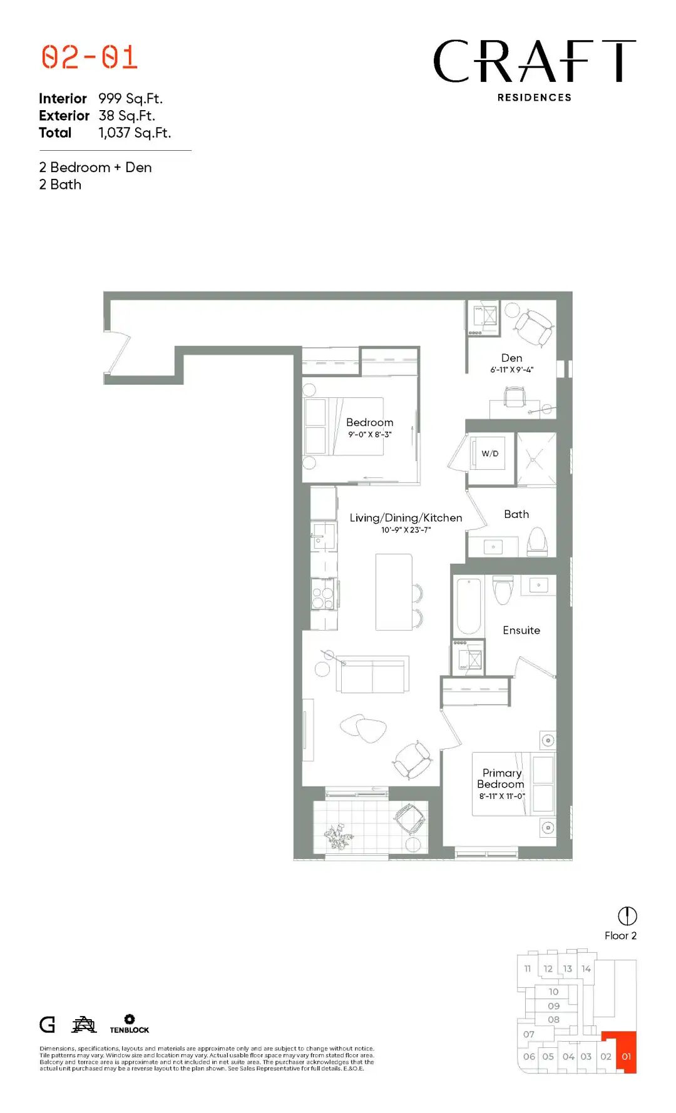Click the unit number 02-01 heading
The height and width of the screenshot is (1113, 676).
pyautogui.click(x=90, y=57)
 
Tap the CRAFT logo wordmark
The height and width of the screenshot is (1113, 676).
pyautogui.click(x=535, y=61)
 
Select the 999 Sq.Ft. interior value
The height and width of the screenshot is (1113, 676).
pyautogui.click(x=130, y=99)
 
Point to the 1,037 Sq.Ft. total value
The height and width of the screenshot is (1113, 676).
pyautogui.click(x=135, y=133)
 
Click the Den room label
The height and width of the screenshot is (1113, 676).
pyautogui.click(x=511, y=358)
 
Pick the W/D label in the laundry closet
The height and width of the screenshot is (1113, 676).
pyautogui.click(x=490, y=454)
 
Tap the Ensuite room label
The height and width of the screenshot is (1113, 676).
pyautogui.click(x=521, y=630)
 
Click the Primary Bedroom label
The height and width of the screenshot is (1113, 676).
pyautogui.click(x=501, y=778)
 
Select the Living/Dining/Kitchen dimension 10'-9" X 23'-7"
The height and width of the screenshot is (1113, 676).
pyautogui.click(x=406, y=530)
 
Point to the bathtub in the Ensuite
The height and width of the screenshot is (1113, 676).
pyautogui.click(x=468, y=606)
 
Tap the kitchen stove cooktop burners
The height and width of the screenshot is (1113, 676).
pyautogui.click(x=323, y=594)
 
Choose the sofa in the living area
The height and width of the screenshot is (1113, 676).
pyautogui.click(x=372, y=674)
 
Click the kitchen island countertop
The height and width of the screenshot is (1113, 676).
pyautogui.click(x=394, y=592)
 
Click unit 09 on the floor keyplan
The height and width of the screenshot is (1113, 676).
pyautogui.click(x=553, y=1006)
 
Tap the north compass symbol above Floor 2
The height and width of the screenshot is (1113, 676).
pyautogui.click(x=627, y=916)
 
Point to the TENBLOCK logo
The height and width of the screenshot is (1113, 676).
pyautogui.click(x=130, y=1024)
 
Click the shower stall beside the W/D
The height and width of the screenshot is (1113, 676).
pyautogui.click(x=536, y=459)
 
